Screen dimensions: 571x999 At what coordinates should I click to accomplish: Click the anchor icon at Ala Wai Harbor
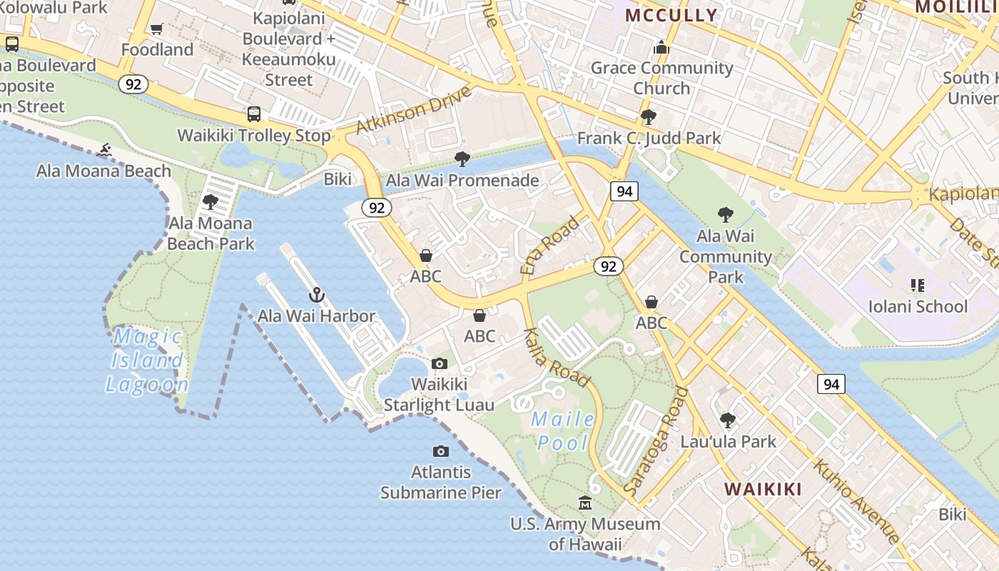316,294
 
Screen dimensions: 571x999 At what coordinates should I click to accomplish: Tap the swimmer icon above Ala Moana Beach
105,151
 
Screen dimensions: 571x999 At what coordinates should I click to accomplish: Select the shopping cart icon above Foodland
157,29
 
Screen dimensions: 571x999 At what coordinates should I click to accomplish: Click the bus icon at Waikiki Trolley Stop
254,114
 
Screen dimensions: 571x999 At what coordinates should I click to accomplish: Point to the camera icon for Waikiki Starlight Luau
440,364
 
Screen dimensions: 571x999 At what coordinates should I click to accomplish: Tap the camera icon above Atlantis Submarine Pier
441,451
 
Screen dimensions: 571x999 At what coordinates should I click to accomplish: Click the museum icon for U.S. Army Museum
585,503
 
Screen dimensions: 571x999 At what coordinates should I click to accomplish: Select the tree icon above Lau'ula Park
728,420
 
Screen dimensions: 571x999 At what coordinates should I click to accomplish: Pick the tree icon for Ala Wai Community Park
725,214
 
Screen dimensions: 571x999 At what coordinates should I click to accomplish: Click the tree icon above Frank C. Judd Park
649,117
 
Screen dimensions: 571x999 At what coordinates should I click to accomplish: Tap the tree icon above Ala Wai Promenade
462,159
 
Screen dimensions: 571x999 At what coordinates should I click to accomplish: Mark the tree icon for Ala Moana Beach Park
211,202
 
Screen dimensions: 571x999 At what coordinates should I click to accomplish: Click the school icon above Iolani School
918,286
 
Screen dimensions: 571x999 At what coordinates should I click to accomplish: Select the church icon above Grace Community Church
661,47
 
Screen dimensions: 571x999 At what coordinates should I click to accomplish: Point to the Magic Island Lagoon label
147,360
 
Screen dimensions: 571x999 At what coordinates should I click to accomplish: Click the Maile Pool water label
562,430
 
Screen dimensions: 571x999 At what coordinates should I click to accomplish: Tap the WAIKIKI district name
763,489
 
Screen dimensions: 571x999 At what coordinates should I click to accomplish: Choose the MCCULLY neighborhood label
671,15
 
